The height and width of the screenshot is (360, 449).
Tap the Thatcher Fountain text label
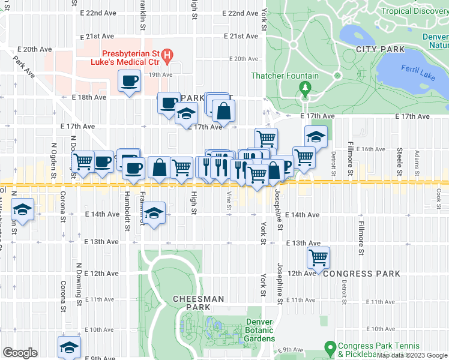(x=285, y=76)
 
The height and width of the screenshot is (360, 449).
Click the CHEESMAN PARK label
(x=198, y=303)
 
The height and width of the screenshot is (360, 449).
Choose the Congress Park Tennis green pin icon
(x=329, y=347)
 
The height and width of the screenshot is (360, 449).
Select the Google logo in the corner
(x=20, y=353)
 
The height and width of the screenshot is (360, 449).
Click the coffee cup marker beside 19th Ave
(x=129, y=81)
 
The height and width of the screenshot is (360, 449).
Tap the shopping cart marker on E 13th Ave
(x=318, y=257)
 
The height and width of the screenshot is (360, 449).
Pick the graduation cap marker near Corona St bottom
(x=69, y=347)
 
